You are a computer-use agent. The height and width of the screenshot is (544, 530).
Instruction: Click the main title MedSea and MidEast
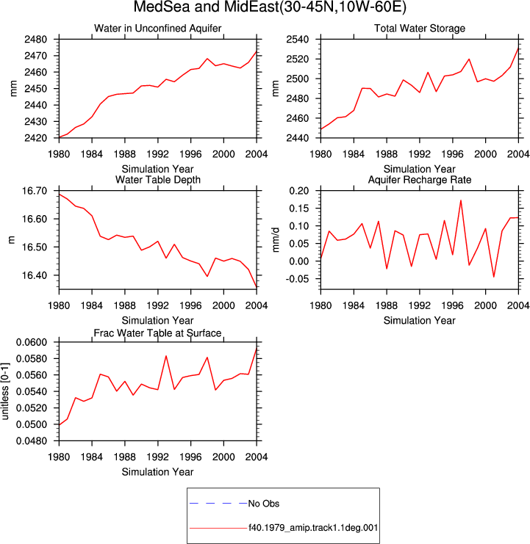coord(270,7)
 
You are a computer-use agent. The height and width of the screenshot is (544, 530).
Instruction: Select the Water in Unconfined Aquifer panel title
coord(158,29)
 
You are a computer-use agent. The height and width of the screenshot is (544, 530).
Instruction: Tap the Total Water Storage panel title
coord(420,29)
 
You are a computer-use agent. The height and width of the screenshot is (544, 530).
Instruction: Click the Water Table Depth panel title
coord(158,180)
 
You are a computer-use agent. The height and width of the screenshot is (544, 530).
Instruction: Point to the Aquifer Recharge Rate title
coord(420,180)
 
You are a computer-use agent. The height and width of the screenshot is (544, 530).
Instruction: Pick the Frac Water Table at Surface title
coord(158,333)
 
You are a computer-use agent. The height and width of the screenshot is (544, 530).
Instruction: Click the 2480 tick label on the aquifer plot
coord(35,40)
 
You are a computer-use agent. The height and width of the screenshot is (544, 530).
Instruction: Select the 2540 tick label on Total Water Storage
coord(297,40)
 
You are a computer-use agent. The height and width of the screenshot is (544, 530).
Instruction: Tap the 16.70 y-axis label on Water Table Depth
coord(35,191)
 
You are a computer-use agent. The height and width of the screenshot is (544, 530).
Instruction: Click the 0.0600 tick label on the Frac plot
coord(32,342)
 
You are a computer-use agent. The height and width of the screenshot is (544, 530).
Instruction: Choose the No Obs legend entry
coord(264,504)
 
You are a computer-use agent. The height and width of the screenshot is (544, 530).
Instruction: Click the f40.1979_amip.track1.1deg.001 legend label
coord(313,528)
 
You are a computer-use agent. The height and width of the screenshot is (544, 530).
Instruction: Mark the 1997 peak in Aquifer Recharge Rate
coord(461,200)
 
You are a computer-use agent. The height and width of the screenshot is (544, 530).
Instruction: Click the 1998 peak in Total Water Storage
coord(469,59)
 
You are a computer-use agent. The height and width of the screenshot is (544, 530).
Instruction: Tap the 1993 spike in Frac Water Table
coord(166,355)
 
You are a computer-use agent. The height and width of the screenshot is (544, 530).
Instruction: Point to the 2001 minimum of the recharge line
coord(493,277)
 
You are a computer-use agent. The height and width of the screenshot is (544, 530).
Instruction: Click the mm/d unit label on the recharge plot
coord(276,240)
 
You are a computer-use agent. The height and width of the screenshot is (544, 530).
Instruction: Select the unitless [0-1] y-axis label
coord(5,391)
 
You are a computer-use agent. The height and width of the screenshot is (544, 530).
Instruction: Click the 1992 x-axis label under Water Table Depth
coord(158,305)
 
